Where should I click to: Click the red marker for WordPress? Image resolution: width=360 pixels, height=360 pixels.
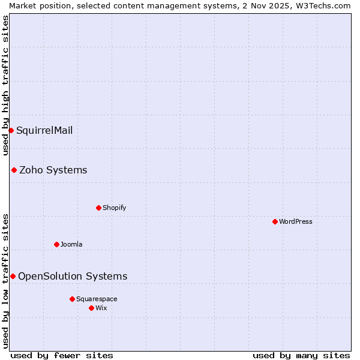coord(275,221)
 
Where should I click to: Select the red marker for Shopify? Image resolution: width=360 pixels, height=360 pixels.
coord(98,208)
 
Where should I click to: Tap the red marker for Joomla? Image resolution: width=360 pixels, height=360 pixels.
coord(56,244)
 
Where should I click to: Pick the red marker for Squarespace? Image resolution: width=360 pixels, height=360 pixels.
coord(72,299)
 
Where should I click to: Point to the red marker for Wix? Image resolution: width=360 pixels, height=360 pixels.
coord(91,308)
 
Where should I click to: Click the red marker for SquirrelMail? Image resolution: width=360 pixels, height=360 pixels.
coord(11,130)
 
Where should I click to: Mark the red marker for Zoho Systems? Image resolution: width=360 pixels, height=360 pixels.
coord(14,170)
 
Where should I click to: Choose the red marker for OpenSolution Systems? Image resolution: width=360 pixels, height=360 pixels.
coord(13,276)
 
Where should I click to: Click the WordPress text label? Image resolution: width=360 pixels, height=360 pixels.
coord(295,221)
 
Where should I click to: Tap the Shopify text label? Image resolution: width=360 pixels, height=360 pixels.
coord(114,208)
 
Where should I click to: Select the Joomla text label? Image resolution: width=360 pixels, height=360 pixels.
coord(71,244)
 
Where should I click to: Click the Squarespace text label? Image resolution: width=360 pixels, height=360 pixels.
coord(97,299)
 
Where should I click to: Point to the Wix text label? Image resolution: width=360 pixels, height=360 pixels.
coord(101,308)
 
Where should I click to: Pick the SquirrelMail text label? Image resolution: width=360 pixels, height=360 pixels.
coord(44,130)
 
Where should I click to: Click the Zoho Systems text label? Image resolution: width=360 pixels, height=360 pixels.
coord(53,170)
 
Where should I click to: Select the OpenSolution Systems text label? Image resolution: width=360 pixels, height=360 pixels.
coord(73,276)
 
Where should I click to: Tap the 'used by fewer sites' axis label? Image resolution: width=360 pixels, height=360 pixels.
coord(62,355)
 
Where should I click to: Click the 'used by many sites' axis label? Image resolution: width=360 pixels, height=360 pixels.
coord(301,355)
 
